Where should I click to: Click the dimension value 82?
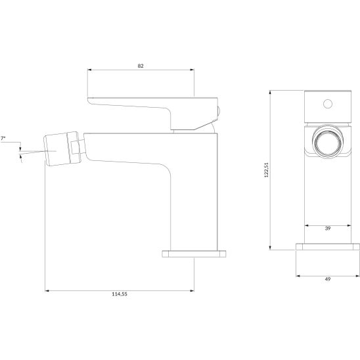click(x=141, y=66)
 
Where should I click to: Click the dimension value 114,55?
click(x=120, y=294)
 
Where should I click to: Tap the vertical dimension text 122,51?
click(x=266, y=170)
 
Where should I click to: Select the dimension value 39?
click(x=328, y=229)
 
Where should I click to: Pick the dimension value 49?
click(x=328, y=279)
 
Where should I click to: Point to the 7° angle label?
click(x=3, y=138)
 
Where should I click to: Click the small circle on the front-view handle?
click(x=328, y=104)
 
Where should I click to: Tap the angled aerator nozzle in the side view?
click(x=57, y=149)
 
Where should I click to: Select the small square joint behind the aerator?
click(x=75, y=148)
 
